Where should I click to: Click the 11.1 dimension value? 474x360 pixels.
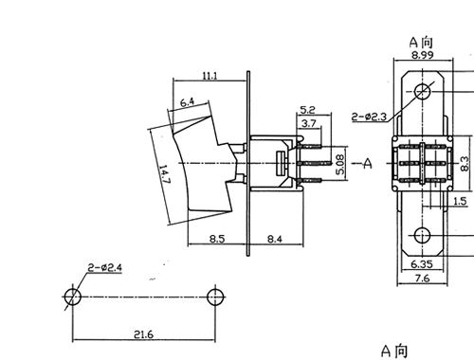[x=210, y=76]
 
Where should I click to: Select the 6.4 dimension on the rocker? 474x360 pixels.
[x=188, y=102]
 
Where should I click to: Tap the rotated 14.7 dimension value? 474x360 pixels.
[x=165, y=174]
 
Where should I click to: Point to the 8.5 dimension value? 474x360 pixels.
[x=217, y=239]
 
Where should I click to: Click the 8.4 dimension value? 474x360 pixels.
[x=275, y=239]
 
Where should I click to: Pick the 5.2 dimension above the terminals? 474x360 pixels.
[x=307, y=110]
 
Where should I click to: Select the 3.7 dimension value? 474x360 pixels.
[x=309, y=123]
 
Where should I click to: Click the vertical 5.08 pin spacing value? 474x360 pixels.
[x=340, y=164]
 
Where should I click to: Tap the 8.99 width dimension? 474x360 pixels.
[x=423, y=55]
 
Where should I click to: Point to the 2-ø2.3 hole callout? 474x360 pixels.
[x=370, y=117]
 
